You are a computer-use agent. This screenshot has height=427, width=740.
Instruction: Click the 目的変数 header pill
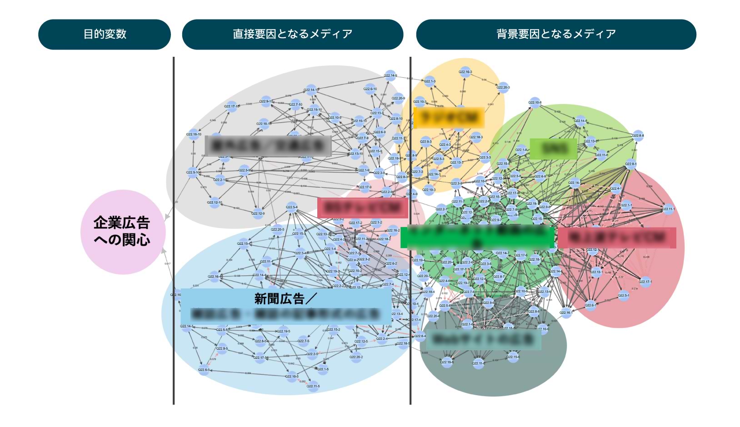pyautogui.click(x=105, y=34)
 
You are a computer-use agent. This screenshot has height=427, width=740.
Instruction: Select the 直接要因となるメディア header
pyautogui.click(x=292, y=34)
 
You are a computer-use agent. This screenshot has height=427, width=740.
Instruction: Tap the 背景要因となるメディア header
pyautogui.click(x=556, y=34)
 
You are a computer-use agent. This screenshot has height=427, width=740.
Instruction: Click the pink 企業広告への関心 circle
pyautogui.click(x=122, y=232)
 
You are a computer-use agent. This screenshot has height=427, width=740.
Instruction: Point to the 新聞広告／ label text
pyautogui.click(x=285, y=298)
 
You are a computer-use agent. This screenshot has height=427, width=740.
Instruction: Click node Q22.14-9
pyautogui.click(x=390, y=76)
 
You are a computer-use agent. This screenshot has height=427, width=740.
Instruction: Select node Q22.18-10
pyautogui.click(x=194, y=134)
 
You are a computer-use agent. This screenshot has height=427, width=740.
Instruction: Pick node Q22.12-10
pyautogui.click(x=215, y=203)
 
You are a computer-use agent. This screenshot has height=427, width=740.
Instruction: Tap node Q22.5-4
pyautogui.click(x=292, y=208)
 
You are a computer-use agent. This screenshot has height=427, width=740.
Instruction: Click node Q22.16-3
pyautogui.click(x=465, y=72)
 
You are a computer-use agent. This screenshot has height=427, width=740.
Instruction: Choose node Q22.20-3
pyautogui.click(x=503, y=88)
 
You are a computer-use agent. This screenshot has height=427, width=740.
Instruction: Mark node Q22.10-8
pyautogui.click(x=535, y=103)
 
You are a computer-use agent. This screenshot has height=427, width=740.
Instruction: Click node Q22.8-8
pyautogui.click(x=638, y=136)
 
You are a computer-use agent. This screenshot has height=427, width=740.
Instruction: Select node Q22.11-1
pyautogui.click(x=668, y=210)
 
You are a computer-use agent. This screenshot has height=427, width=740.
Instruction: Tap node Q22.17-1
pyautogui.click(x=645, y=282)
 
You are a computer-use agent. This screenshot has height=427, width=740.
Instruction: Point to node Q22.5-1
pyautogui.click(x=624, y=296)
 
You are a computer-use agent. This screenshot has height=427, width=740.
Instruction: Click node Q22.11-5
pyautogui.click(x=313, y=387)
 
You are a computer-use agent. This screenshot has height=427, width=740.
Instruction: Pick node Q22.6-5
pyautogui.click(x=204, y=370)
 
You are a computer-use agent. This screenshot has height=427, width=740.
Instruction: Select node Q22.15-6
pyautogui.click(x=513, y=357)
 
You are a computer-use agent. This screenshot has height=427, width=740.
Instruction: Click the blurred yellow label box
pyautogui.click(x=449, y=118)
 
